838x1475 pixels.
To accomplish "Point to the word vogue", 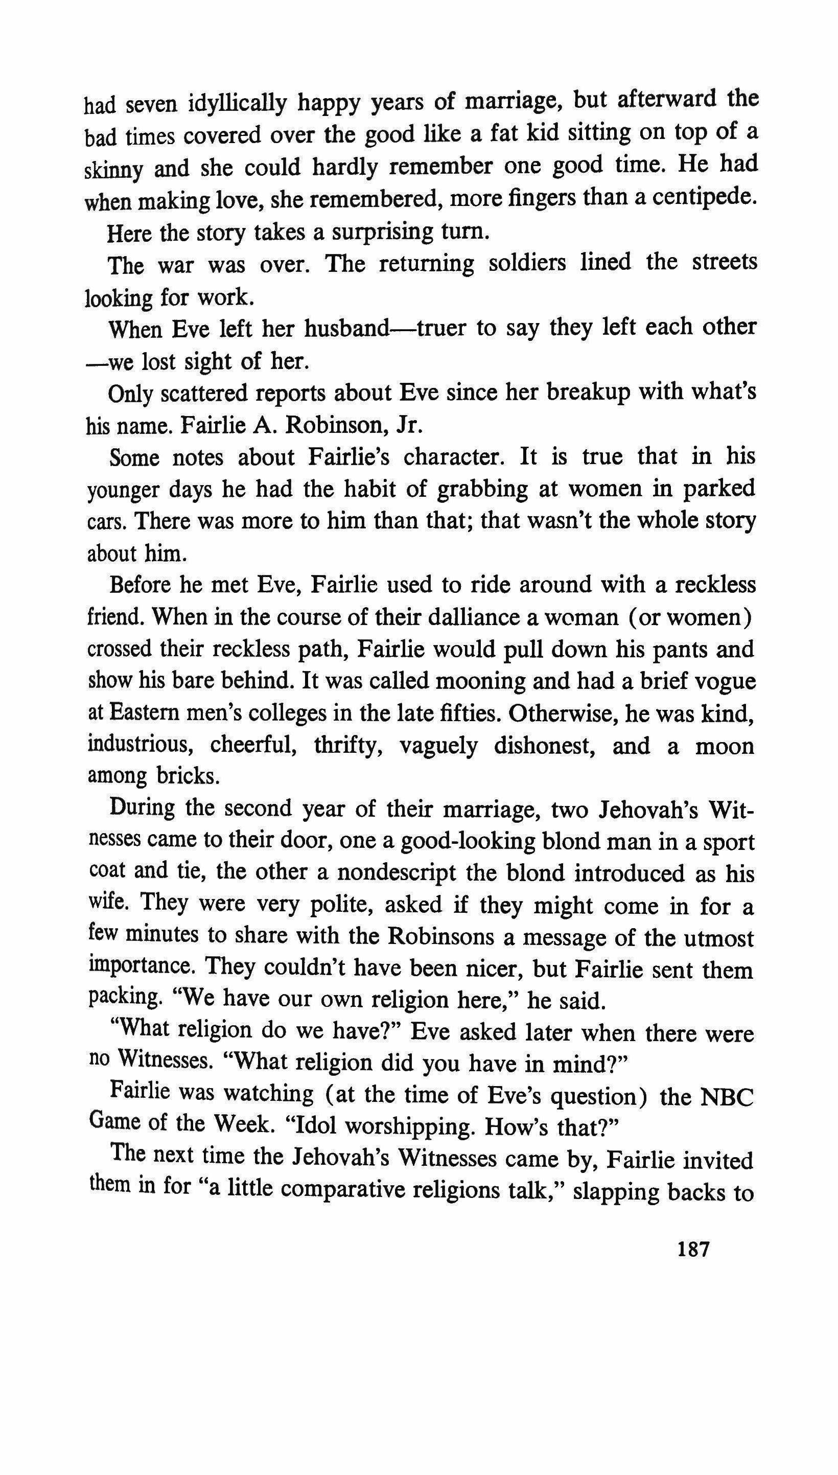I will pyautogui.click(x=726, y=681).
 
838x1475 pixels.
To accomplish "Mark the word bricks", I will pyautogui.click(x=188, y=777).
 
